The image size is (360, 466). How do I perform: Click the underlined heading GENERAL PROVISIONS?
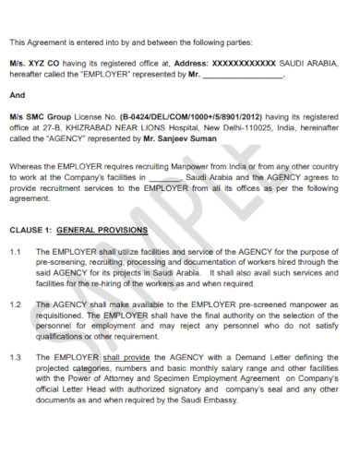click(x=102, y=228)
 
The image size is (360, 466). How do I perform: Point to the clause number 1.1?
click(x=15, y=250)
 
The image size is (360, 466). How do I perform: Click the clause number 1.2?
click(x=15, y=304)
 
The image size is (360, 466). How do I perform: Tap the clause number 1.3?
click(x=15, y=356)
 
